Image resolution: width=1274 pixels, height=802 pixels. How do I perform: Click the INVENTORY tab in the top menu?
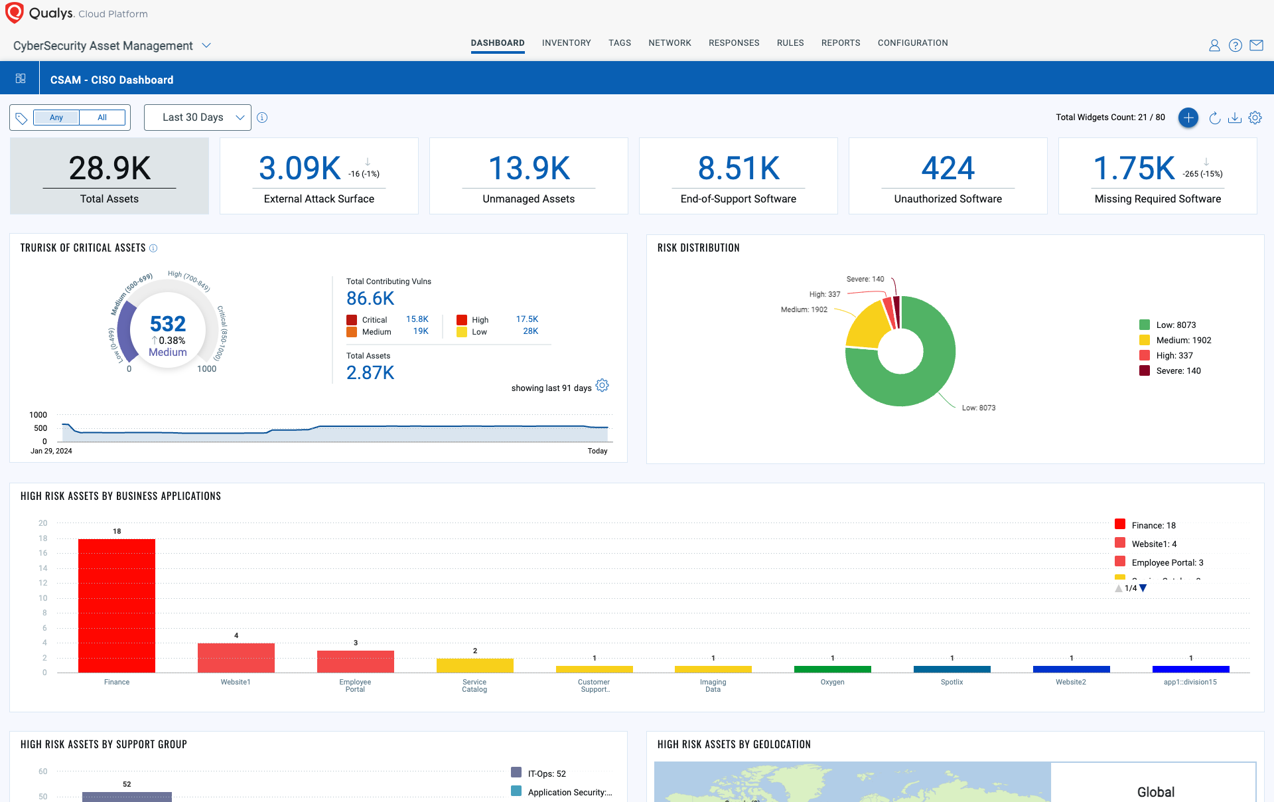pos(566,43)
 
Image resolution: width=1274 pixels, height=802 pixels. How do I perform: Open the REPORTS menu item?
pos(840,43)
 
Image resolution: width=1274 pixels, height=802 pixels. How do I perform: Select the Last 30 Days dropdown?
pos(197,118)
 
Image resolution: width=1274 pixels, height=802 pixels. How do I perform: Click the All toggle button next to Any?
pos(102,118)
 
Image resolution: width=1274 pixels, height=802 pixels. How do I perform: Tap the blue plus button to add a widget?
pos(1188,118)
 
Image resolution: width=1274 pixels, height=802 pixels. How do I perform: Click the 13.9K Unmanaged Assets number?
pos(529,168)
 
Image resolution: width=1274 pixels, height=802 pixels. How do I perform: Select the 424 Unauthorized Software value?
pos(948,168)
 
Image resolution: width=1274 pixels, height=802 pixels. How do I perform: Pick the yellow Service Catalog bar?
pos(474,665)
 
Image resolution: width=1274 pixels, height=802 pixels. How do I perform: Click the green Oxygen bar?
pos(832,669)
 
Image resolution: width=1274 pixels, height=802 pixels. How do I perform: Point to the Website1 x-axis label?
pos(236,682)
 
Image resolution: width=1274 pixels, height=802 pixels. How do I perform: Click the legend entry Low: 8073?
pos(1176,325)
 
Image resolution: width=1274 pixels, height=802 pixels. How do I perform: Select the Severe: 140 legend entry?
pos(1178,371)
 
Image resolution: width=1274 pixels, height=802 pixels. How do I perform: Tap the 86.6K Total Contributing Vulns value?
pos(370,299)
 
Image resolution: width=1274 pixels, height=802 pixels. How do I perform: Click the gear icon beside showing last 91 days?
pos(602,386)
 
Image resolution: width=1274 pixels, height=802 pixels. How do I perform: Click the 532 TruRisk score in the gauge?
pos(168,324)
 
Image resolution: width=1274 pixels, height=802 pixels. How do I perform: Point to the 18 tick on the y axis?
pos(43,538)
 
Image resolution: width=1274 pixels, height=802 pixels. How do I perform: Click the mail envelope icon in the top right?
pos(1256,45)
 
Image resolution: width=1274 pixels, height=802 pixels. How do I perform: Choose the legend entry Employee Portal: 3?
pos(1167,563)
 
